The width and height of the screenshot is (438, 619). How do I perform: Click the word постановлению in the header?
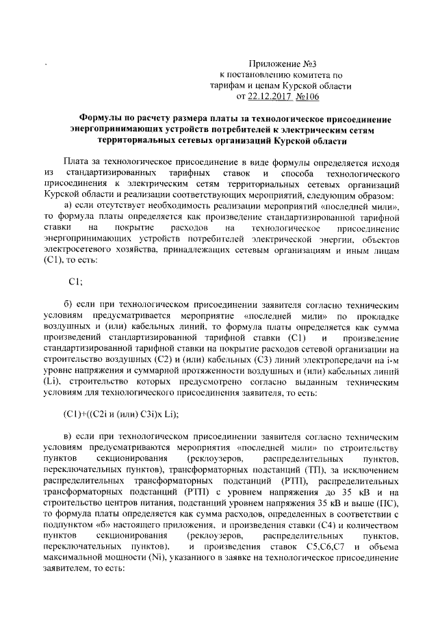[265, 75]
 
